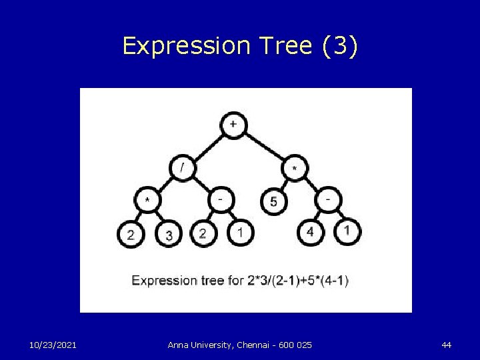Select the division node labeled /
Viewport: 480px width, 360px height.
pyautogui.click(x=183, y=167)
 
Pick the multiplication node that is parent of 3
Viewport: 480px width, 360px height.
pyautogui.click(x=147, y=199)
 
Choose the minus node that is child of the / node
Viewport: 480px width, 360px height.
pyautogui.click(x=221, y=199)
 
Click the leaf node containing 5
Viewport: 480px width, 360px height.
pyautogui.click(x=274, y=201)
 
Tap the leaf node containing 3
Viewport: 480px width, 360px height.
pyautogui.click(x=169, y=234)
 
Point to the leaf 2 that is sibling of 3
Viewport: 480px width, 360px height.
pyautogui.click(x=131, y=234)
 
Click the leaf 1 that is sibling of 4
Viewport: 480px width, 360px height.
pyautogui.click(x=346, y=231)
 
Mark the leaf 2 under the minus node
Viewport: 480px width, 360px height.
pyautogui.click(x=203, y=233)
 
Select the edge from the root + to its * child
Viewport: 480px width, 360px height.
pyautogui.click(x=264, y=147)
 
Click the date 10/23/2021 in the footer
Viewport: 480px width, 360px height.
pyautogui.click(x=53, y=345)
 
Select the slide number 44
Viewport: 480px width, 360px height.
pyautogui.click(x=446, y=345)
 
